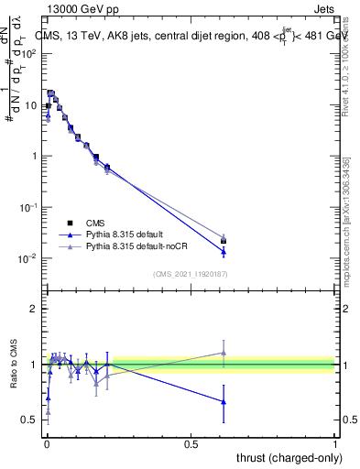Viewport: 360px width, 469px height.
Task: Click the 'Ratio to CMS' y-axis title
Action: pos(12,365)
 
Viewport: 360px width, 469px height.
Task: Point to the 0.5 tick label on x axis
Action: pos(191,443)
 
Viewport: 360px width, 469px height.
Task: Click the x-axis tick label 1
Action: pos(335,443)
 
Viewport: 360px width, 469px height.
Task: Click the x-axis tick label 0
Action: pos(46,443)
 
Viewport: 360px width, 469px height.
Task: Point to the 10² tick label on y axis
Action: pos(28,53)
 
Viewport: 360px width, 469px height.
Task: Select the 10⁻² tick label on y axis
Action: pos(27,258)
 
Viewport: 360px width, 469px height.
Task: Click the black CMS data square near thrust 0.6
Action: pos(224,241)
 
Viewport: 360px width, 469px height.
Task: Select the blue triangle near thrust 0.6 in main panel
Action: pos(224,251)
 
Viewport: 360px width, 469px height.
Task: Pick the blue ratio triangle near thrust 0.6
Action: pos(224,401)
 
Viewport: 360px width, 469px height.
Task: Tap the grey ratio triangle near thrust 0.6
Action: pos(224,353)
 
